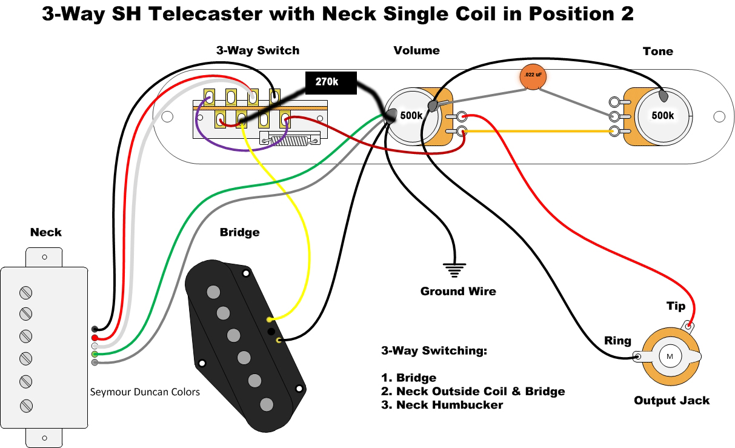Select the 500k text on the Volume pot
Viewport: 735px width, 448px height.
click(x=411, y=116)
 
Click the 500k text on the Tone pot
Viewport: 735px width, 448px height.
click(x=662, y=115)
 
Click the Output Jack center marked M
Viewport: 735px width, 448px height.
click(x=670, y=356)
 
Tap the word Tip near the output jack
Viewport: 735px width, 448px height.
click(x=676, y=306)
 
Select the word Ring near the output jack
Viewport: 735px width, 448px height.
click(x=617, y=341)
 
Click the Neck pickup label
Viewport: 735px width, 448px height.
click(x=46, y=232)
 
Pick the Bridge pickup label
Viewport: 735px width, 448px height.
click(x=239, y=232)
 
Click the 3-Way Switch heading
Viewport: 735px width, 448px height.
click(x=258, y=50)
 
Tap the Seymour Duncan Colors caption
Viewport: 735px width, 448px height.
click(x=145, y=392)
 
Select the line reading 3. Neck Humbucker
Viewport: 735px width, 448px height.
click(x=442, y=405)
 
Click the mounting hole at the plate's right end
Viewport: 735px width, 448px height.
click(x=719, y=116)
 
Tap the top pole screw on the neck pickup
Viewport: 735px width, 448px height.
click(x=25, y=293)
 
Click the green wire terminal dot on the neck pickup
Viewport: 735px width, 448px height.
click(x=95, y=353)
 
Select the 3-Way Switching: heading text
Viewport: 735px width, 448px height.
click(x=434, y=351)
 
